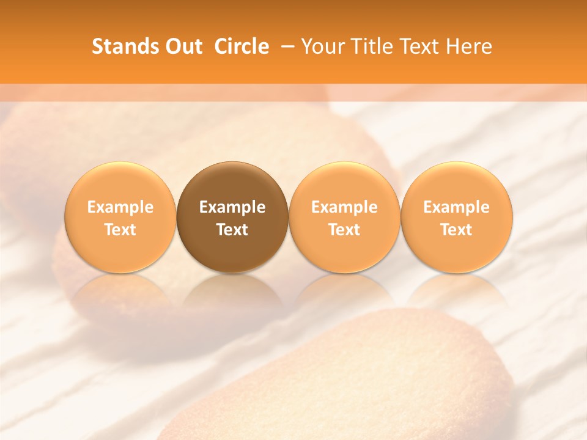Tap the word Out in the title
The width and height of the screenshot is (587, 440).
click(x=182, y=46)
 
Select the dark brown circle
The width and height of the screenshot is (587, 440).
click(x=232, y=183)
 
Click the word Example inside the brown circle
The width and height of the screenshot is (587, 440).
click(x=232, y=207)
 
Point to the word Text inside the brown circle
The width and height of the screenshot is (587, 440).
click(x=232, y=230)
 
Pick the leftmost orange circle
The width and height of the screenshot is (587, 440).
click(x=120, y=183)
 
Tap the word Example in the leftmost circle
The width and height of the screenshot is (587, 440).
click(x=120, y=207)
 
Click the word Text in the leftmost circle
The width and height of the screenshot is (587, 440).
click(x=120, y=230)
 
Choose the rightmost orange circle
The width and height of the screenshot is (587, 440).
click(x=457, y=183)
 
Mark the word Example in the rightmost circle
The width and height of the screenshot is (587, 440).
click(x=457, y=207)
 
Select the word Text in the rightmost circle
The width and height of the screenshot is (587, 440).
click(x=457, y=230)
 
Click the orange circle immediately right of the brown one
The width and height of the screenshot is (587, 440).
click(x=344, y=183)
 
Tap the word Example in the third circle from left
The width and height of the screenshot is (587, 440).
click(x=344, y=207)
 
